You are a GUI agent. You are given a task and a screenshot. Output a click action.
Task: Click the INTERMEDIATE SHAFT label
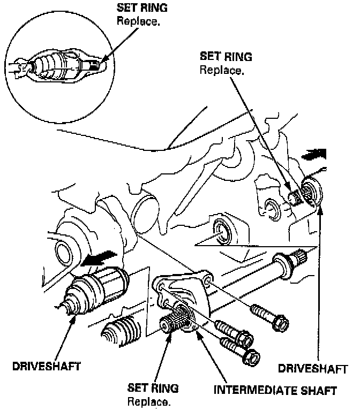coord(275,390)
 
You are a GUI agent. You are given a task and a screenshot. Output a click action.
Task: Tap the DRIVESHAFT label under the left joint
coord(47,367)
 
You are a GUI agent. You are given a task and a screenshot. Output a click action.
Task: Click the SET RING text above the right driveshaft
coord(226,56)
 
